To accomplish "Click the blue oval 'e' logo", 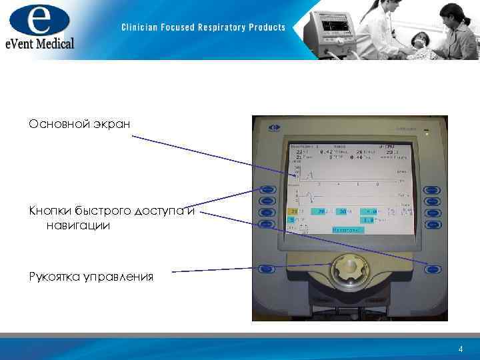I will click(39, 20).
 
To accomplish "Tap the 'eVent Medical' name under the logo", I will click(38, 43).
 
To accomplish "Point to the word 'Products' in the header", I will click(267, 27).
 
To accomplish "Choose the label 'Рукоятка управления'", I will click(91, 276).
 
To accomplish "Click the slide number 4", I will click(461, 349).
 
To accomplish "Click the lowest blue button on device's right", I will click(433, 269).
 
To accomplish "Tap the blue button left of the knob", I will click(267, 269).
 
